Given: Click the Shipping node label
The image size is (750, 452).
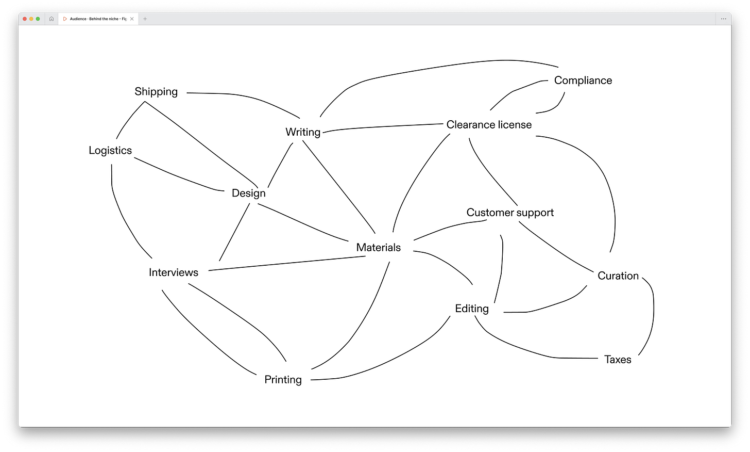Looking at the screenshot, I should pos(156,92).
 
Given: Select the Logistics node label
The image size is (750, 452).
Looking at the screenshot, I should pos(110,151).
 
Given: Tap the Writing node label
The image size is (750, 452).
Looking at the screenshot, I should pos(303,132).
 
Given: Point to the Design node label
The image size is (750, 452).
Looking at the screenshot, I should pos(249,193).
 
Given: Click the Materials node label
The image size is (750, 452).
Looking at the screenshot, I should pos(379,248).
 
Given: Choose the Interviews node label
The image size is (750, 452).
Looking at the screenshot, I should pos(174,272).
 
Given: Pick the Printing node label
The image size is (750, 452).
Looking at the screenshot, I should pos(283,380).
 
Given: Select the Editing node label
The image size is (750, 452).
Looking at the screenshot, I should pos(472,309).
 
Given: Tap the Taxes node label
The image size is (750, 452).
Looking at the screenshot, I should pos(618,360).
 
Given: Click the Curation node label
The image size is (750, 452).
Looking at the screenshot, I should pos(618,276).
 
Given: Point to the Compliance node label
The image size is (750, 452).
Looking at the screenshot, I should pos(583,80).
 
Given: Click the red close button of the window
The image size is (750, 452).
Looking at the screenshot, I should pos(25,19).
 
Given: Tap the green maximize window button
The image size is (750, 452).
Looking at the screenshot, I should pos(38,19).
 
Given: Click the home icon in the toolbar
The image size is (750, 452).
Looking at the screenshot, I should pos(52,19).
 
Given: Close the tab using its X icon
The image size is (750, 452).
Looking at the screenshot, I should pos(132,19).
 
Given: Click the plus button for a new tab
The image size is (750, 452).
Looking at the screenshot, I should pos(145,19).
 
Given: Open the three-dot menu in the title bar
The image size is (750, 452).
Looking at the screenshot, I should pos(723,19).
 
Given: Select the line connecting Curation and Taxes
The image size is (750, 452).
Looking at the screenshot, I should pos(653,315).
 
